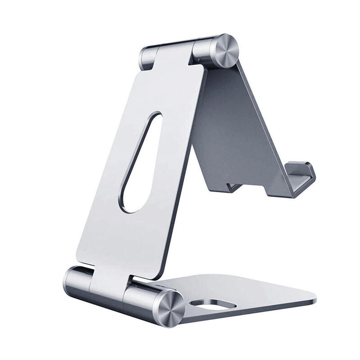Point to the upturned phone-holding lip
click(x=301, y=178)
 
